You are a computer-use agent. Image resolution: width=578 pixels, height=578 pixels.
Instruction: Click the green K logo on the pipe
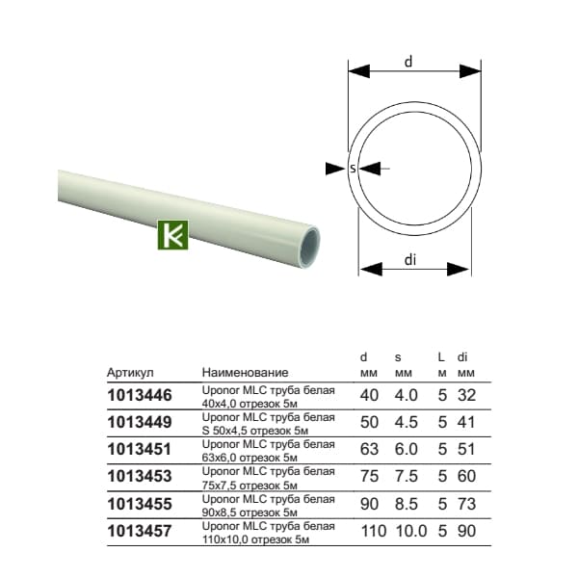[x=172, y=235]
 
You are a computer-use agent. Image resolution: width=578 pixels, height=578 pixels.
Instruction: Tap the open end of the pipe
[x=309, y=246]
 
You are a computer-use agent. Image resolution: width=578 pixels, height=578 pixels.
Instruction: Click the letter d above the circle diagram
[x=408, y=62]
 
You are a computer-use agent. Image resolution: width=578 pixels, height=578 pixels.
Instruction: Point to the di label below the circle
[x=410, y=260]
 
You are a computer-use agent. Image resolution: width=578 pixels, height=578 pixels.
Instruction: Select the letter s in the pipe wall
[x=354, y=169]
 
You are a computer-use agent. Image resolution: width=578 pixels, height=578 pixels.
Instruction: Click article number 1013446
[x=140, y=395]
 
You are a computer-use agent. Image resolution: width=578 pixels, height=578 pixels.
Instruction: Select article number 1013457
[x=140, y=531]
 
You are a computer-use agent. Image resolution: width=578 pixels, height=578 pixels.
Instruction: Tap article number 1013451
[x=140, y=449]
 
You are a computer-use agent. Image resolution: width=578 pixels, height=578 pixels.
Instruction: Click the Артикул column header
[x=130, y=373]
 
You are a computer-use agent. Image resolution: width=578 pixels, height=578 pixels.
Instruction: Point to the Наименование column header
[x=245, y=372]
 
